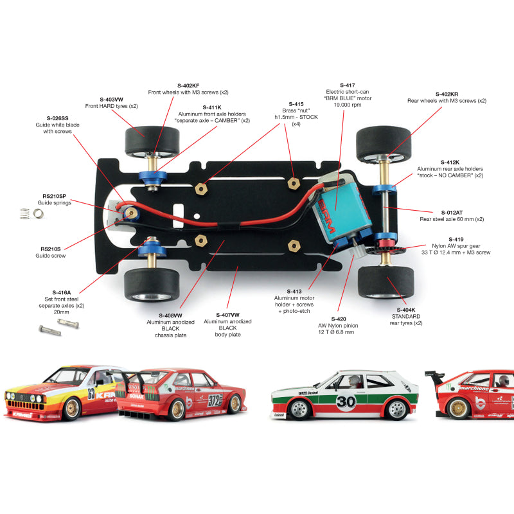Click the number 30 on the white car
346,402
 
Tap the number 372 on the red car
215,400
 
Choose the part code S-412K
450,163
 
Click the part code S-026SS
58,118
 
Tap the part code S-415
296,103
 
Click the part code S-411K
211,107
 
